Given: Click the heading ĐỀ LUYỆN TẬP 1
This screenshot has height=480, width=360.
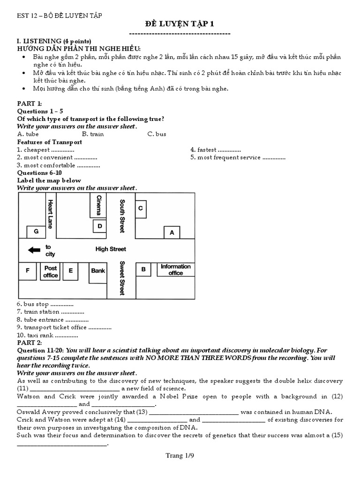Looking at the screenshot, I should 180,24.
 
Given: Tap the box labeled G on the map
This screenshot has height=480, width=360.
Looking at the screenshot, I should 36,232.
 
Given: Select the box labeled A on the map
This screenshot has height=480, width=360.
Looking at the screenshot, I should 172,232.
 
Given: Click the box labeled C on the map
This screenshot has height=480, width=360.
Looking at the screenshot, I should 140,209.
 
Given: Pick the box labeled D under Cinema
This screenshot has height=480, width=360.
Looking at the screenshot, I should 99,226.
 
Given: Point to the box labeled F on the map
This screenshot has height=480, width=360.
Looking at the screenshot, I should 28,271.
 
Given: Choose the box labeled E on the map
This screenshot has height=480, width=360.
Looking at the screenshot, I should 71,270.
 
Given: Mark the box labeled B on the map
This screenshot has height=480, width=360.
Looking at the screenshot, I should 143,269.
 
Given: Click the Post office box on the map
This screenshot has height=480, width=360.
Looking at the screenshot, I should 50,271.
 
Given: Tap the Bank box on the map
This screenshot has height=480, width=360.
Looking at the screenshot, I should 98,271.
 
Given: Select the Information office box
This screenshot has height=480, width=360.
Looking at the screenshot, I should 176,269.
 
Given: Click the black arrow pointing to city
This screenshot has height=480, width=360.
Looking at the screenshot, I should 34,250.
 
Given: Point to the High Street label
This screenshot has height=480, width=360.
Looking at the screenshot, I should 111,249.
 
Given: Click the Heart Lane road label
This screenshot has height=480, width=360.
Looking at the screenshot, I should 50,214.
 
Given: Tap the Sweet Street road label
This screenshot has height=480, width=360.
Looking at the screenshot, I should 122,277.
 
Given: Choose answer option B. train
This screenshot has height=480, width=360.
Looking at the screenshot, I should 93,134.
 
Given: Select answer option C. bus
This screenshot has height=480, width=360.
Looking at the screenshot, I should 157,134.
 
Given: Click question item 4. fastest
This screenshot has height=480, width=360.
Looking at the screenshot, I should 215,150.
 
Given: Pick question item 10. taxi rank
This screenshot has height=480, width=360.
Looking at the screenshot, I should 47,335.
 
